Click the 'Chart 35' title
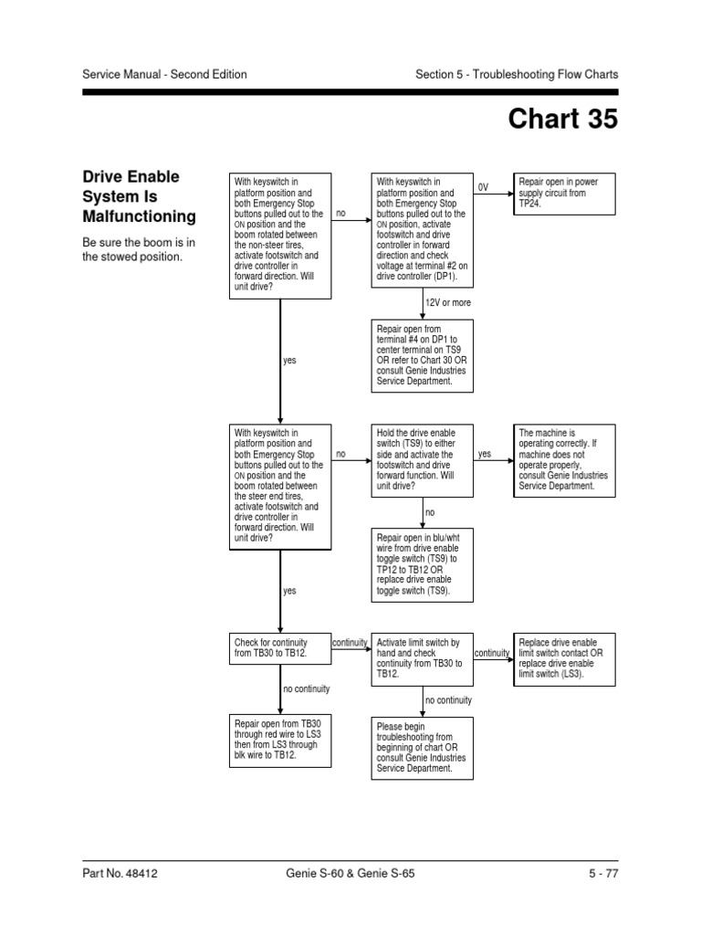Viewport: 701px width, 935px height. click(x=562, y=120)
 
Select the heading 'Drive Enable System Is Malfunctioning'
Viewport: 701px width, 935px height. click(x=139, y=196)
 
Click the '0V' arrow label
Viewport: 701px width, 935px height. click(x=484, y=187)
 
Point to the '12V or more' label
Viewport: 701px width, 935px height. click(x=448, y=302)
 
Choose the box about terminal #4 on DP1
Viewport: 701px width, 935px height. click(x=422, y=355)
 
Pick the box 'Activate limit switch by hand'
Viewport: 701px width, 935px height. click(x=422, y=659)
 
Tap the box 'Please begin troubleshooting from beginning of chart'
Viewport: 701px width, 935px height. click(x=422, y=748)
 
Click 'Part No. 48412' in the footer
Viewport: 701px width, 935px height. click(x=120, y=874)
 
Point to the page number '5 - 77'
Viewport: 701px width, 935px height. click(x=603, y=874)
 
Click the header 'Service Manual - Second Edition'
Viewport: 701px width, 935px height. click(x=164, y=74)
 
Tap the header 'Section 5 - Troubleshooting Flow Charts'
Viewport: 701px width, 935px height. click(x=517, y=74)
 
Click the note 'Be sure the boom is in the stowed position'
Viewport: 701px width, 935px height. click(x=139, y=249)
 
